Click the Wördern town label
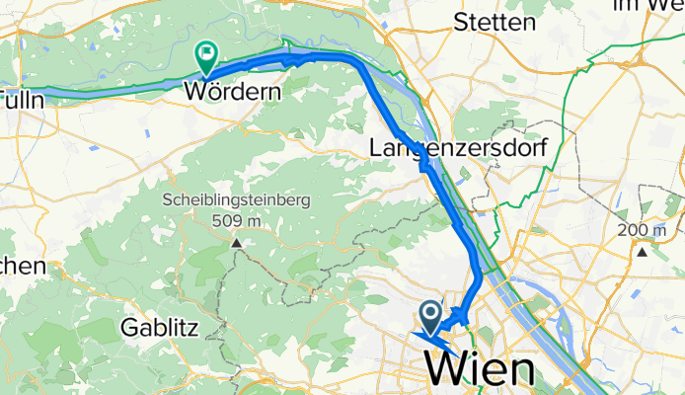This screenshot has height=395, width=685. (233, 92)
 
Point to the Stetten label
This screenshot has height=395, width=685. (495, 23)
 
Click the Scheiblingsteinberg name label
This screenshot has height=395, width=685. (237, 200)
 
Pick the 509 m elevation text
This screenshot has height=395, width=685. (237, 219)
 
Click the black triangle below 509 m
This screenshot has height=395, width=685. (237, 242)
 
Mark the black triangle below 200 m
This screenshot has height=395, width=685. (644, 251)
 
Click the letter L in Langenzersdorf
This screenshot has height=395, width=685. (375, 149)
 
